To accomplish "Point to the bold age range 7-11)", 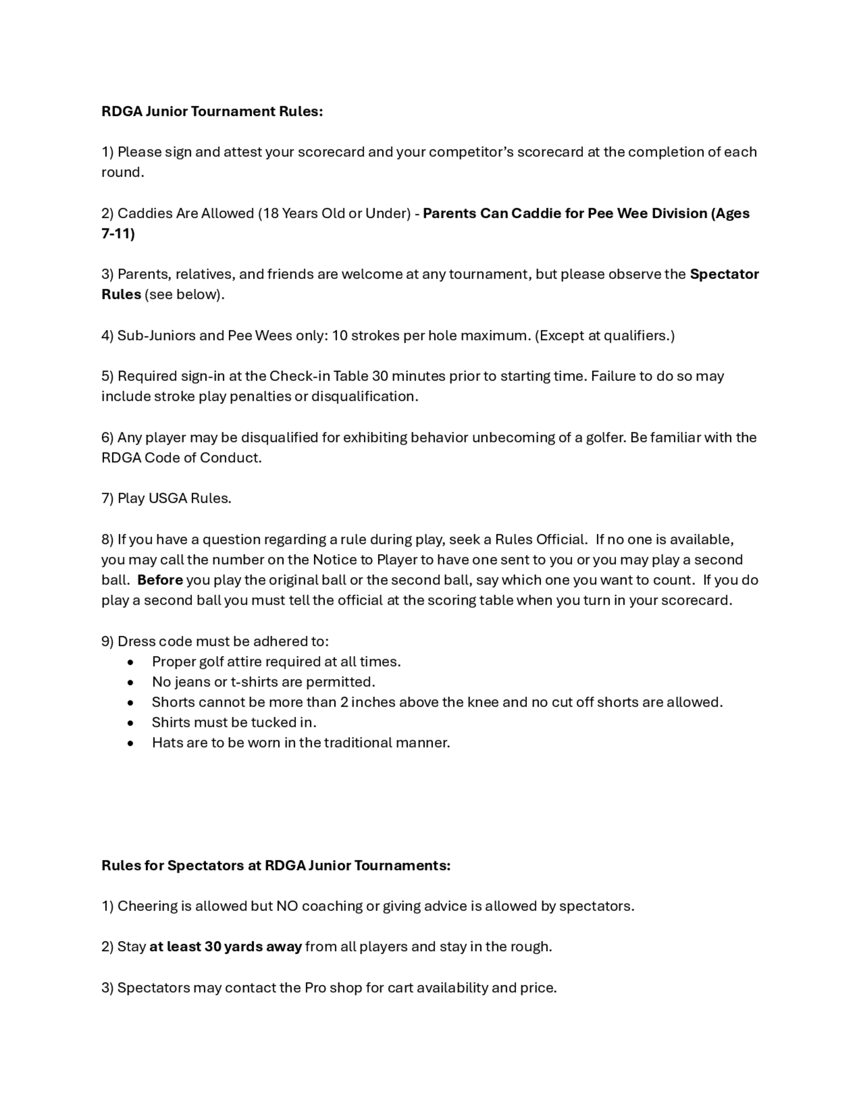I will tap(118, 234).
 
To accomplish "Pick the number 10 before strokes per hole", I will tap(339, 336).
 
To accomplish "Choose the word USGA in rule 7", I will tap(168, 498).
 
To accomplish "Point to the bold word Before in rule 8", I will tap(160, 580).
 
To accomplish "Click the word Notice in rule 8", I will tap(334, 560).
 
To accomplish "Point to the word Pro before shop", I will tap(315, 987).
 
